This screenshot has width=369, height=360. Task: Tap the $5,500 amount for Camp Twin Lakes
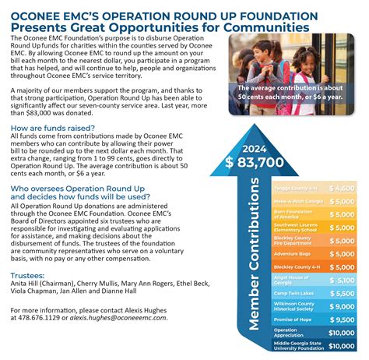click(342, 294)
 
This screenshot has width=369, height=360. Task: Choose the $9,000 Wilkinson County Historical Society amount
click(342, 306)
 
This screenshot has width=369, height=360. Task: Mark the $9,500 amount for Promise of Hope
click(342, 319)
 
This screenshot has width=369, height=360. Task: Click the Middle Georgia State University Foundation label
click(295, 345)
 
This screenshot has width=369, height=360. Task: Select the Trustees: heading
click(28, 276)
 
